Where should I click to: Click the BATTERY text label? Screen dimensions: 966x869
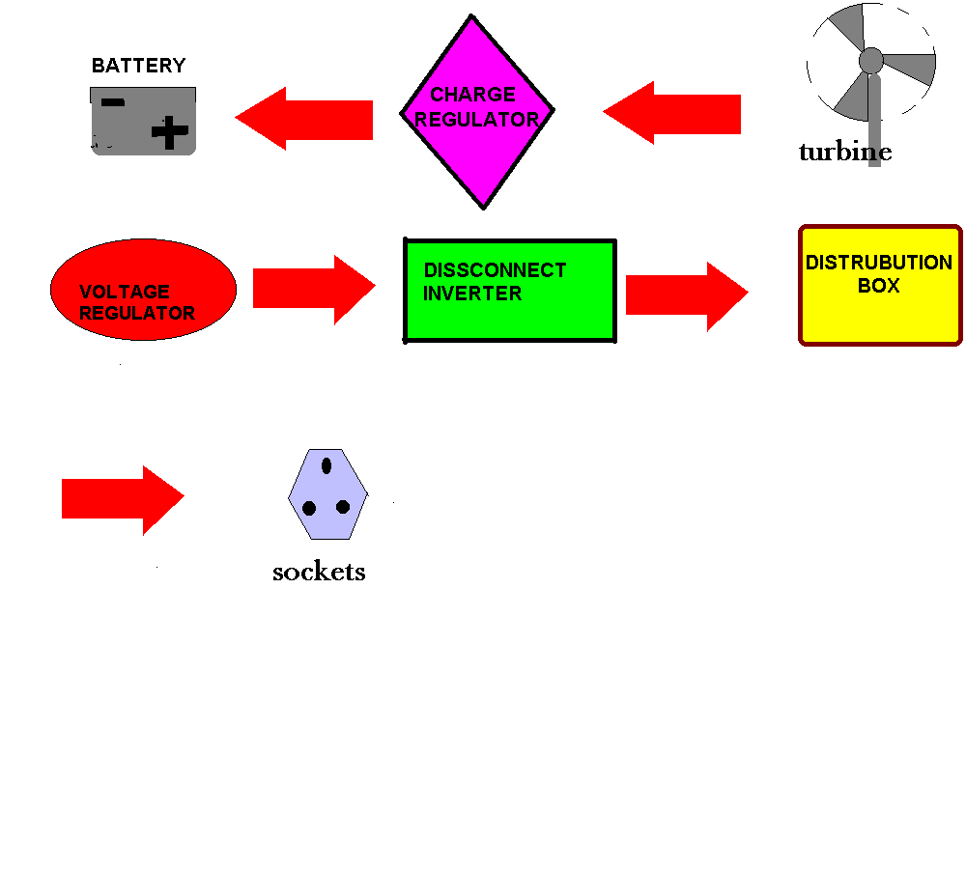pos(138,66)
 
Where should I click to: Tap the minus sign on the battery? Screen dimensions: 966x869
pos(113,102)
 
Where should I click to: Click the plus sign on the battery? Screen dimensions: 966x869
pos(170,131)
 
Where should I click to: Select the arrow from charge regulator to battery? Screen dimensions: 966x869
pos(303,119)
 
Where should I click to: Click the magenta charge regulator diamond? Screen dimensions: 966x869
pos(477,112)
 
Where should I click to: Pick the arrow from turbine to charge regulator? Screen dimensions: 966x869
pos(671,113)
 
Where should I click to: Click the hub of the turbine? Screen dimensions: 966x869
pos(871,61)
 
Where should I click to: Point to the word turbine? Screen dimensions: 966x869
pos(845,152)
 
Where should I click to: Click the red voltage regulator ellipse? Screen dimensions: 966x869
pos(144,290)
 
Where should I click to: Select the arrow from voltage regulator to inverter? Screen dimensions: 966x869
pos(314,290)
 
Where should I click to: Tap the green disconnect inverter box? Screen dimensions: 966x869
pos(510,290)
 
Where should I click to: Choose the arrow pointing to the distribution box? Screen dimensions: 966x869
pos(687,296)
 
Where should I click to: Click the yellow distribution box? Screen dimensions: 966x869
pos(880,285)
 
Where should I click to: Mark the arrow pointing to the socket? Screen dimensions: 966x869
pos(124,500)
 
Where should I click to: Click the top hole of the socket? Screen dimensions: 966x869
pos(327,465)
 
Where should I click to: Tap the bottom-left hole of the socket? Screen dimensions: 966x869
pos(309,508)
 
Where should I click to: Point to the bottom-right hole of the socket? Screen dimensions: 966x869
pos(343,507)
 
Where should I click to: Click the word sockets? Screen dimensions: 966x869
pos(319,573)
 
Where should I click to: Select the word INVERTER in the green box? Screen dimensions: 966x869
pos(472,294)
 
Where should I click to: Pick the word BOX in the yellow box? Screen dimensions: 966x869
pos(879,286)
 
